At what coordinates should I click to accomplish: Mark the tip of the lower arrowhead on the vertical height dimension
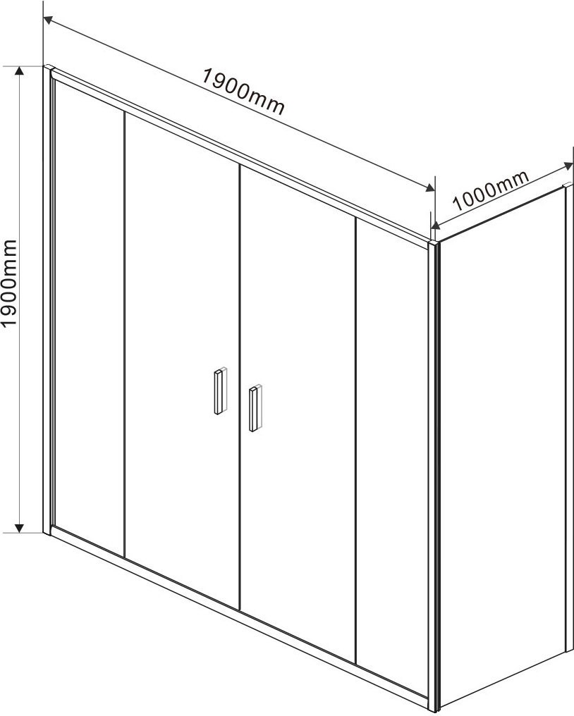[x=19, y=533]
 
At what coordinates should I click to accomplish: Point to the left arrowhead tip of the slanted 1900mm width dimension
[x=44, y=18]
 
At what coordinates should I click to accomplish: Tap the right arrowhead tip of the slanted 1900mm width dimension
[x=434, y=191]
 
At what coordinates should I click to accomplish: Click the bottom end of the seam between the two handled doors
[x=240, y=610]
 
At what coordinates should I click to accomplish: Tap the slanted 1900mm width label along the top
[x=243, y=92]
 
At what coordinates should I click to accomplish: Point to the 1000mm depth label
[x=490, y=190]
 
